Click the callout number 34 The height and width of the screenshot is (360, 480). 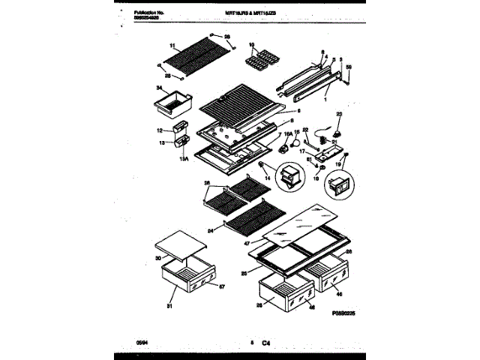pyautogui.click(x=158, y=88)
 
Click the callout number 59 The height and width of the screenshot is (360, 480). pyautogui.click(x=349, y=68)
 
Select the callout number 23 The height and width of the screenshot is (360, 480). pyautogui.click(x=338, y=114)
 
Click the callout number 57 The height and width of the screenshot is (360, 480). pyautogui.click(x=220, y=286)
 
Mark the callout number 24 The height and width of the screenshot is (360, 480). pyautogui.click(x=211, y=226)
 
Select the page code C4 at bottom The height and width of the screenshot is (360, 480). pyautogui.click(x=265, y=343)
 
